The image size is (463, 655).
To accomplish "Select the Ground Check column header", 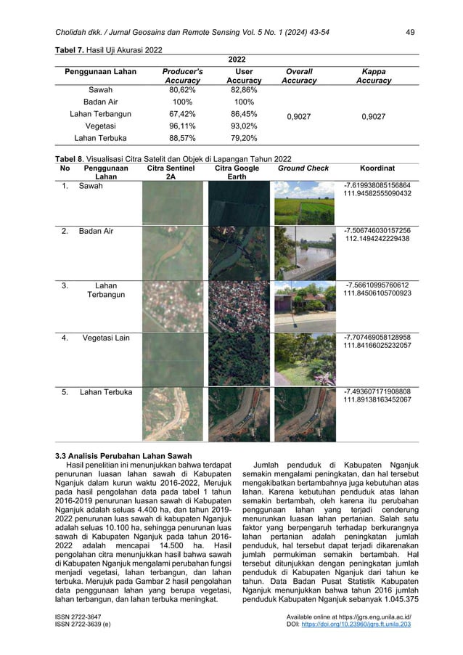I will click(x=303, y=168).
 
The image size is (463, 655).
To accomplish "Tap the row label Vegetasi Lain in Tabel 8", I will click(x=107, y=338).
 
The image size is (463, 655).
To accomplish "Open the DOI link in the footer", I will click(x=349, y=624).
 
